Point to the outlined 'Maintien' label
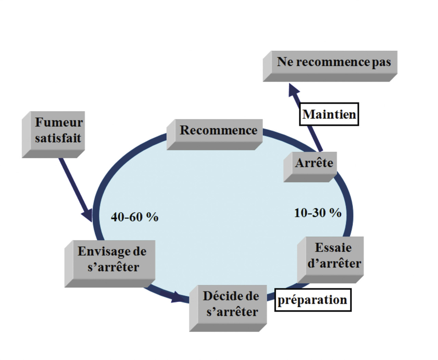point(329,114)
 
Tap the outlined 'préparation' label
point(313,300)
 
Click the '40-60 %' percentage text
point(134,217)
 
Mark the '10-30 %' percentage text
point(318,213)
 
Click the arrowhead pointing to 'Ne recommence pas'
point(294,90)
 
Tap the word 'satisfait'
point(58,138)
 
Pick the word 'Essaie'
point(333,247)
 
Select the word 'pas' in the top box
point(381,62)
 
